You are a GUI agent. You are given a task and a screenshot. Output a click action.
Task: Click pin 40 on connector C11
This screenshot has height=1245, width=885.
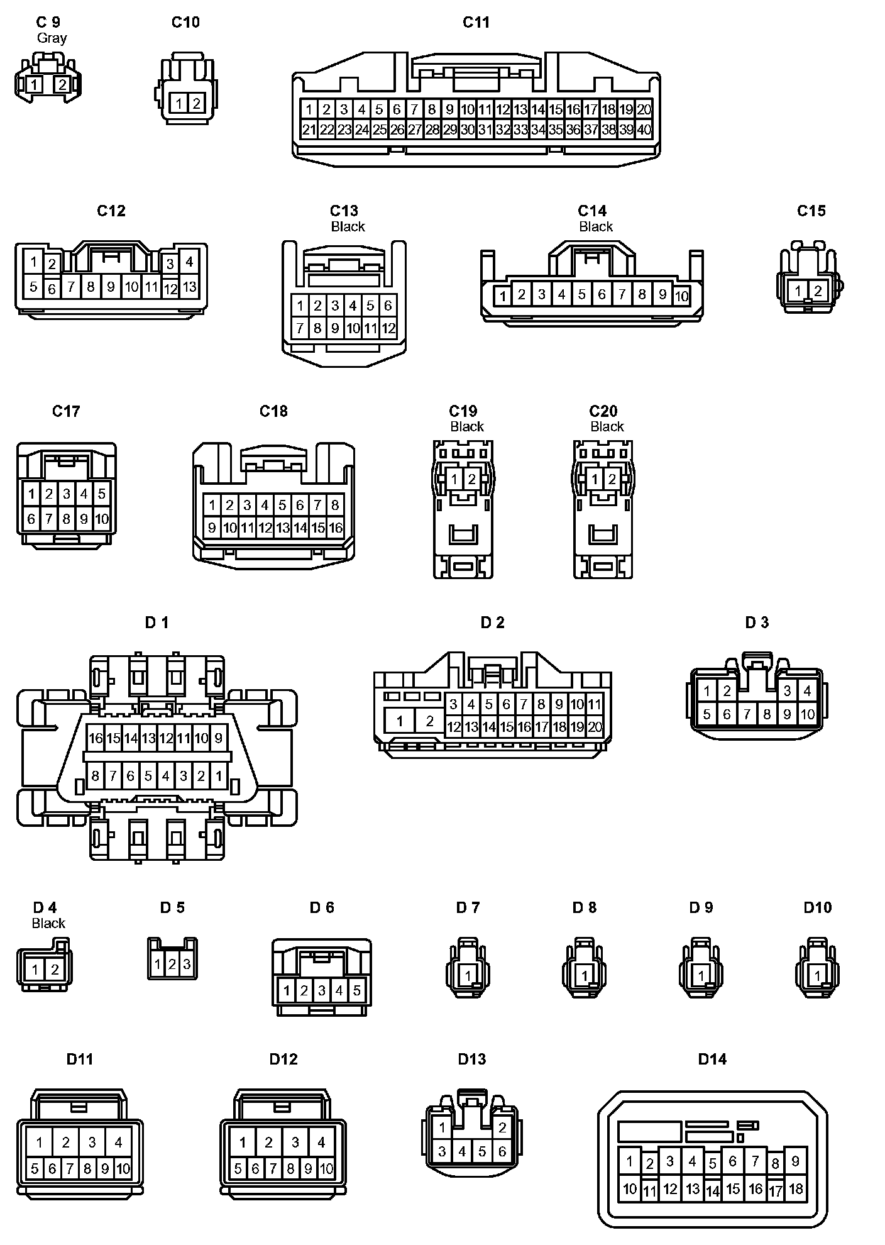644,130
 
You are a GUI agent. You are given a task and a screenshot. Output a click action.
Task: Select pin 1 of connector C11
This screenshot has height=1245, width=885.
309,109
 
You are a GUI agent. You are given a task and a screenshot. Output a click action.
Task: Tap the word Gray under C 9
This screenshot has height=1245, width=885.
52,38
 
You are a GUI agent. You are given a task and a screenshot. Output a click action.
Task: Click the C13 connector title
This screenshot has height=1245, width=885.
344,211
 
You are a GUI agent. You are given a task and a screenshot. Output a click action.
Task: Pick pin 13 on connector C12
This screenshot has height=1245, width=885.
189,287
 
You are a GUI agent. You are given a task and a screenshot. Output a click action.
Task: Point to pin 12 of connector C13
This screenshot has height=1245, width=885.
388,328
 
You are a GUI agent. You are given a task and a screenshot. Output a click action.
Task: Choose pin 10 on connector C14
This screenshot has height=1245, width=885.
682,296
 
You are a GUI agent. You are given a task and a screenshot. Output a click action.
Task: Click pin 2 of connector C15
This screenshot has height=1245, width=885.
818,290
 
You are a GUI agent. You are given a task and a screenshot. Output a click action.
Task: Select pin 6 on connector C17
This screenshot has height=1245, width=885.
31,519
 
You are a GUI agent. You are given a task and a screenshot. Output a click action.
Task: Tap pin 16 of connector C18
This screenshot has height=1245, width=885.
336,528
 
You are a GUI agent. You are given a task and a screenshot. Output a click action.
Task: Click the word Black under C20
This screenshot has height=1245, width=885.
607,427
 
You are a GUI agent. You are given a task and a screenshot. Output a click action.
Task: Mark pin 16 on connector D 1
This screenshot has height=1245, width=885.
96,738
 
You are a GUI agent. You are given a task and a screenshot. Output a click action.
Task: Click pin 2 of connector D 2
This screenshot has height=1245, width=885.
430,721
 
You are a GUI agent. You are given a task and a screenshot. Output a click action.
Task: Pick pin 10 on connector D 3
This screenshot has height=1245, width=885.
808,714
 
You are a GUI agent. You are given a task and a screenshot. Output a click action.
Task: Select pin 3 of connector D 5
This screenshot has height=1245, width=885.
187,964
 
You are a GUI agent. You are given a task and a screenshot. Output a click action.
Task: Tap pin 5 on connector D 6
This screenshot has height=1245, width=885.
356,991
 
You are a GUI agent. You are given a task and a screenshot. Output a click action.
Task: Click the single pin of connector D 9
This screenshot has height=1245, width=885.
701,976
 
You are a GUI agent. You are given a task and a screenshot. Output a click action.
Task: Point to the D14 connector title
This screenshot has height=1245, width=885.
712,1060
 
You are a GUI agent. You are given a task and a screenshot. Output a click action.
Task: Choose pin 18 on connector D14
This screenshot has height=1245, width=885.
796,1189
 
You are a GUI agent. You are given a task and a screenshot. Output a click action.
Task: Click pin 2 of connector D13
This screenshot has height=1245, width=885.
502,1127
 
